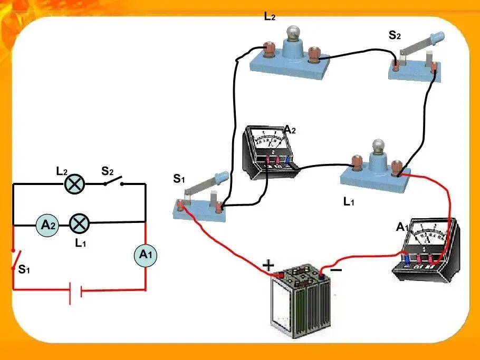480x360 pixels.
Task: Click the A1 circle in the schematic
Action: (x=146, y=255)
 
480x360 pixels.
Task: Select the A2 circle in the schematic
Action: (x=47, y=225)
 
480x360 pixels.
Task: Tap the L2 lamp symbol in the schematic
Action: (x=74, y=184)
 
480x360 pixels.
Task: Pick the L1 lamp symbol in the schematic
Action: (x=80, y=223)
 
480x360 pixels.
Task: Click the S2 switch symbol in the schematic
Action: (x=113, y=181)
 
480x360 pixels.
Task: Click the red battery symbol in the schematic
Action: (x=75, y=292)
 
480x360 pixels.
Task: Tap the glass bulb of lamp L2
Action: (x=293, y=33)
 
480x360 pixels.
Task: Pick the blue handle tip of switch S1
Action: (x=222, y=176)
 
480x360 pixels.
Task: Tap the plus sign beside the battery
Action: (x=268, y=265)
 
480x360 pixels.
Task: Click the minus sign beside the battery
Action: (x=336, y=270)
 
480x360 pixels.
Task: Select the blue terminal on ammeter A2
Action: (x=288, y=161)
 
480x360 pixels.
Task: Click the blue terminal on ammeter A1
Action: (x=407, y=260)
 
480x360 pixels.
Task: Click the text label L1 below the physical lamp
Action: (x=349, y=202)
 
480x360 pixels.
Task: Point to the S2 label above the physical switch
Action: (x=395, y=35)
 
